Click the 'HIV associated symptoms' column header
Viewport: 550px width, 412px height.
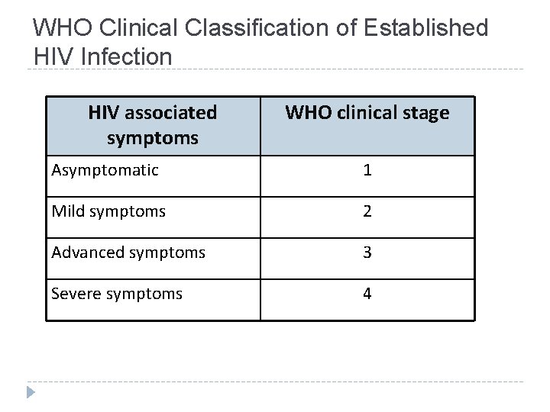coord(153,126)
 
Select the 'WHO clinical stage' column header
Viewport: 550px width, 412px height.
coord(367,113)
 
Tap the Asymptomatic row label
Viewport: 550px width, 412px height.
coord(105,170)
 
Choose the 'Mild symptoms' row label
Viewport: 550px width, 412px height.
coord(108,211)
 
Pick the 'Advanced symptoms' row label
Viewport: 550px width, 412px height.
coord(128,253)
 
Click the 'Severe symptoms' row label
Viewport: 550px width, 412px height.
coord(117,293)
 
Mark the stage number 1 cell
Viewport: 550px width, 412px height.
coord(367,171)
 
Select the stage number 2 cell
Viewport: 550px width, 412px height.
coord(367,212)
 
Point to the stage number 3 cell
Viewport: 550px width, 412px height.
coord(367,253)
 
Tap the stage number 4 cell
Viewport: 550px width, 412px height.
coord(367,294)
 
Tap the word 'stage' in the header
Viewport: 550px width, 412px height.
coord(425,113)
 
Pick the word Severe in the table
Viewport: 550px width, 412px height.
coord(73,293)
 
